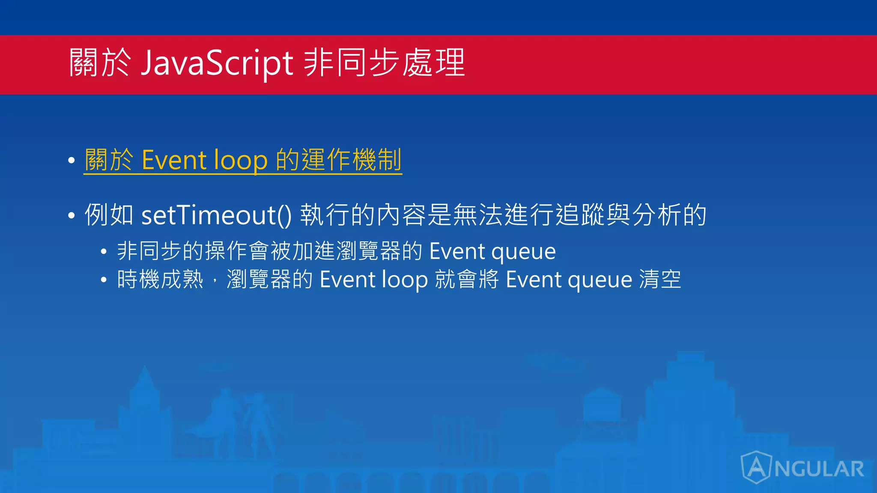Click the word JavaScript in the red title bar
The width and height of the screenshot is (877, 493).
click(x=217, y=63)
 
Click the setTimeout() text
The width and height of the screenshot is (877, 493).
click(x=216, y=215)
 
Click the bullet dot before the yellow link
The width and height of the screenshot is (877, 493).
click(x=72, y=161)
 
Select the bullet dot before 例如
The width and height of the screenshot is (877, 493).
click(x=72, y=215)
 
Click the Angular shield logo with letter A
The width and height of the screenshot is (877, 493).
click(x=756, y=467)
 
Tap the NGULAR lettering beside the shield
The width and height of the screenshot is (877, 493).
click(x=819, y=469)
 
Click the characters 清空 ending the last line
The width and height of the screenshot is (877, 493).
click(x=660, y=280)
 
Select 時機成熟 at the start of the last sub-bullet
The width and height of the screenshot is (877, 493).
click(x=160, y=280)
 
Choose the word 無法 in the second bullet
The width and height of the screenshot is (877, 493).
click(x=478, y=215)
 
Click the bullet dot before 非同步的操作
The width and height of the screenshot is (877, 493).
click(x=104, y=252)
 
